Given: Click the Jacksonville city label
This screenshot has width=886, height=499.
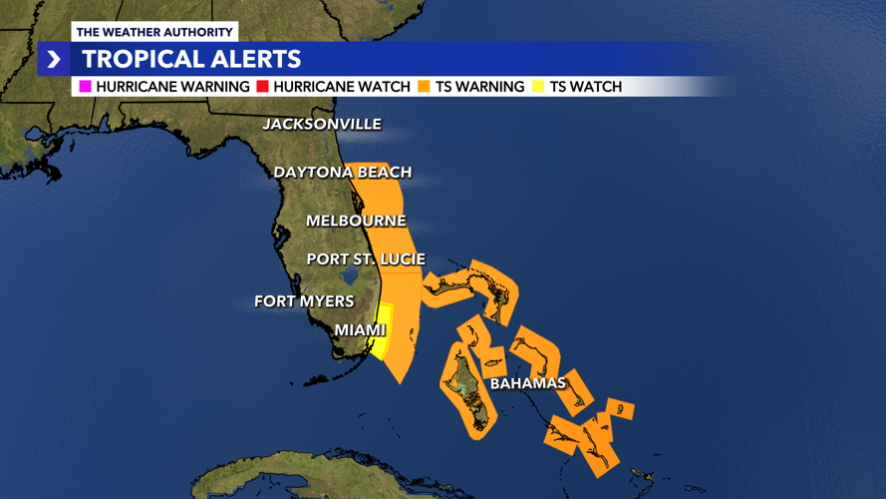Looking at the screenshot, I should (321, 125).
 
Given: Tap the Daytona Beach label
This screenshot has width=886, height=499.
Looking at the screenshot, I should (342, 173).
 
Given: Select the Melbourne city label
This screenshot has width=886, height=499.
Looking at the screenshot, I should (356, 221).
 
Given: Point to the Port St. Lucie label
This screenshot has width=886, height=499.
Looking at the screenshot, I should (366, 259).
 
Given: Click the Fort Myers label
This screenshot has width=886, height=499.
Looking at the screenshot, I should (304, 300).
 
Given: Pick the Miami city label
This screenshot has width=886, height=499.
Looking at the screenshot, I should (360, 330).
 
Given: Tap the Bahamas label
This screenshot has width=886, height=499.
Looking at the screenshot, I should (527, 383).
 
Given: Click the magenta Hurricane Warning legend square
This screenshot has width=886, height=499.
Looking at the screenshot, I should (85, 87).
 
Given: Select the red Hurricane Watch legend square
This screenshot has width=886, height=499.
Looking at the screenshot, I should (263, 87).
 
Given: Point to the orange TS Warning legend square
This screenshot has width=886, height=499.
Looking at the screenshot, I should (425, 87).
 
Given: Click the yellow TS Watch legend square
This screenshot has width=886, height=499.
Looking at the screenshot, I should (539, 87).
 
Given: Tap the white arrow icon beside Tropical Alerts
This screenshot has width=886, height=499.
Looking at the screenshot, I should (54, 60).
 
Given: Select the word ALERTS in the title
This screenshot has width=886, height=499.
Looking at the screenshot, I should (262, 60).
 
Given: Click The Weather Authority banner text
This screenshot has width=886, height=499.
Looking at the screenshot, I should (154, 33).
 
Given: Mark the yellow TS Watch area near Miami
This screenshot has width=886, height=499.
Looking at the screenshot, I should (383, 329).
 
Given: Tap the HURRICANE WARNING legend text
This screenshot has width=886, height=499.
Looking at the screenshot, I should (172, 87).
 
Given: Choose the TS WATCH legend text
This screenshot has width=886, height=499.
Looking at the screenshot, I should (586, 87).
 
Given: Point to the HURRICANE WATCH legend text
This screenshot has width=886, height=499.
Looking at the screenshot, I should (342, 87).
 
